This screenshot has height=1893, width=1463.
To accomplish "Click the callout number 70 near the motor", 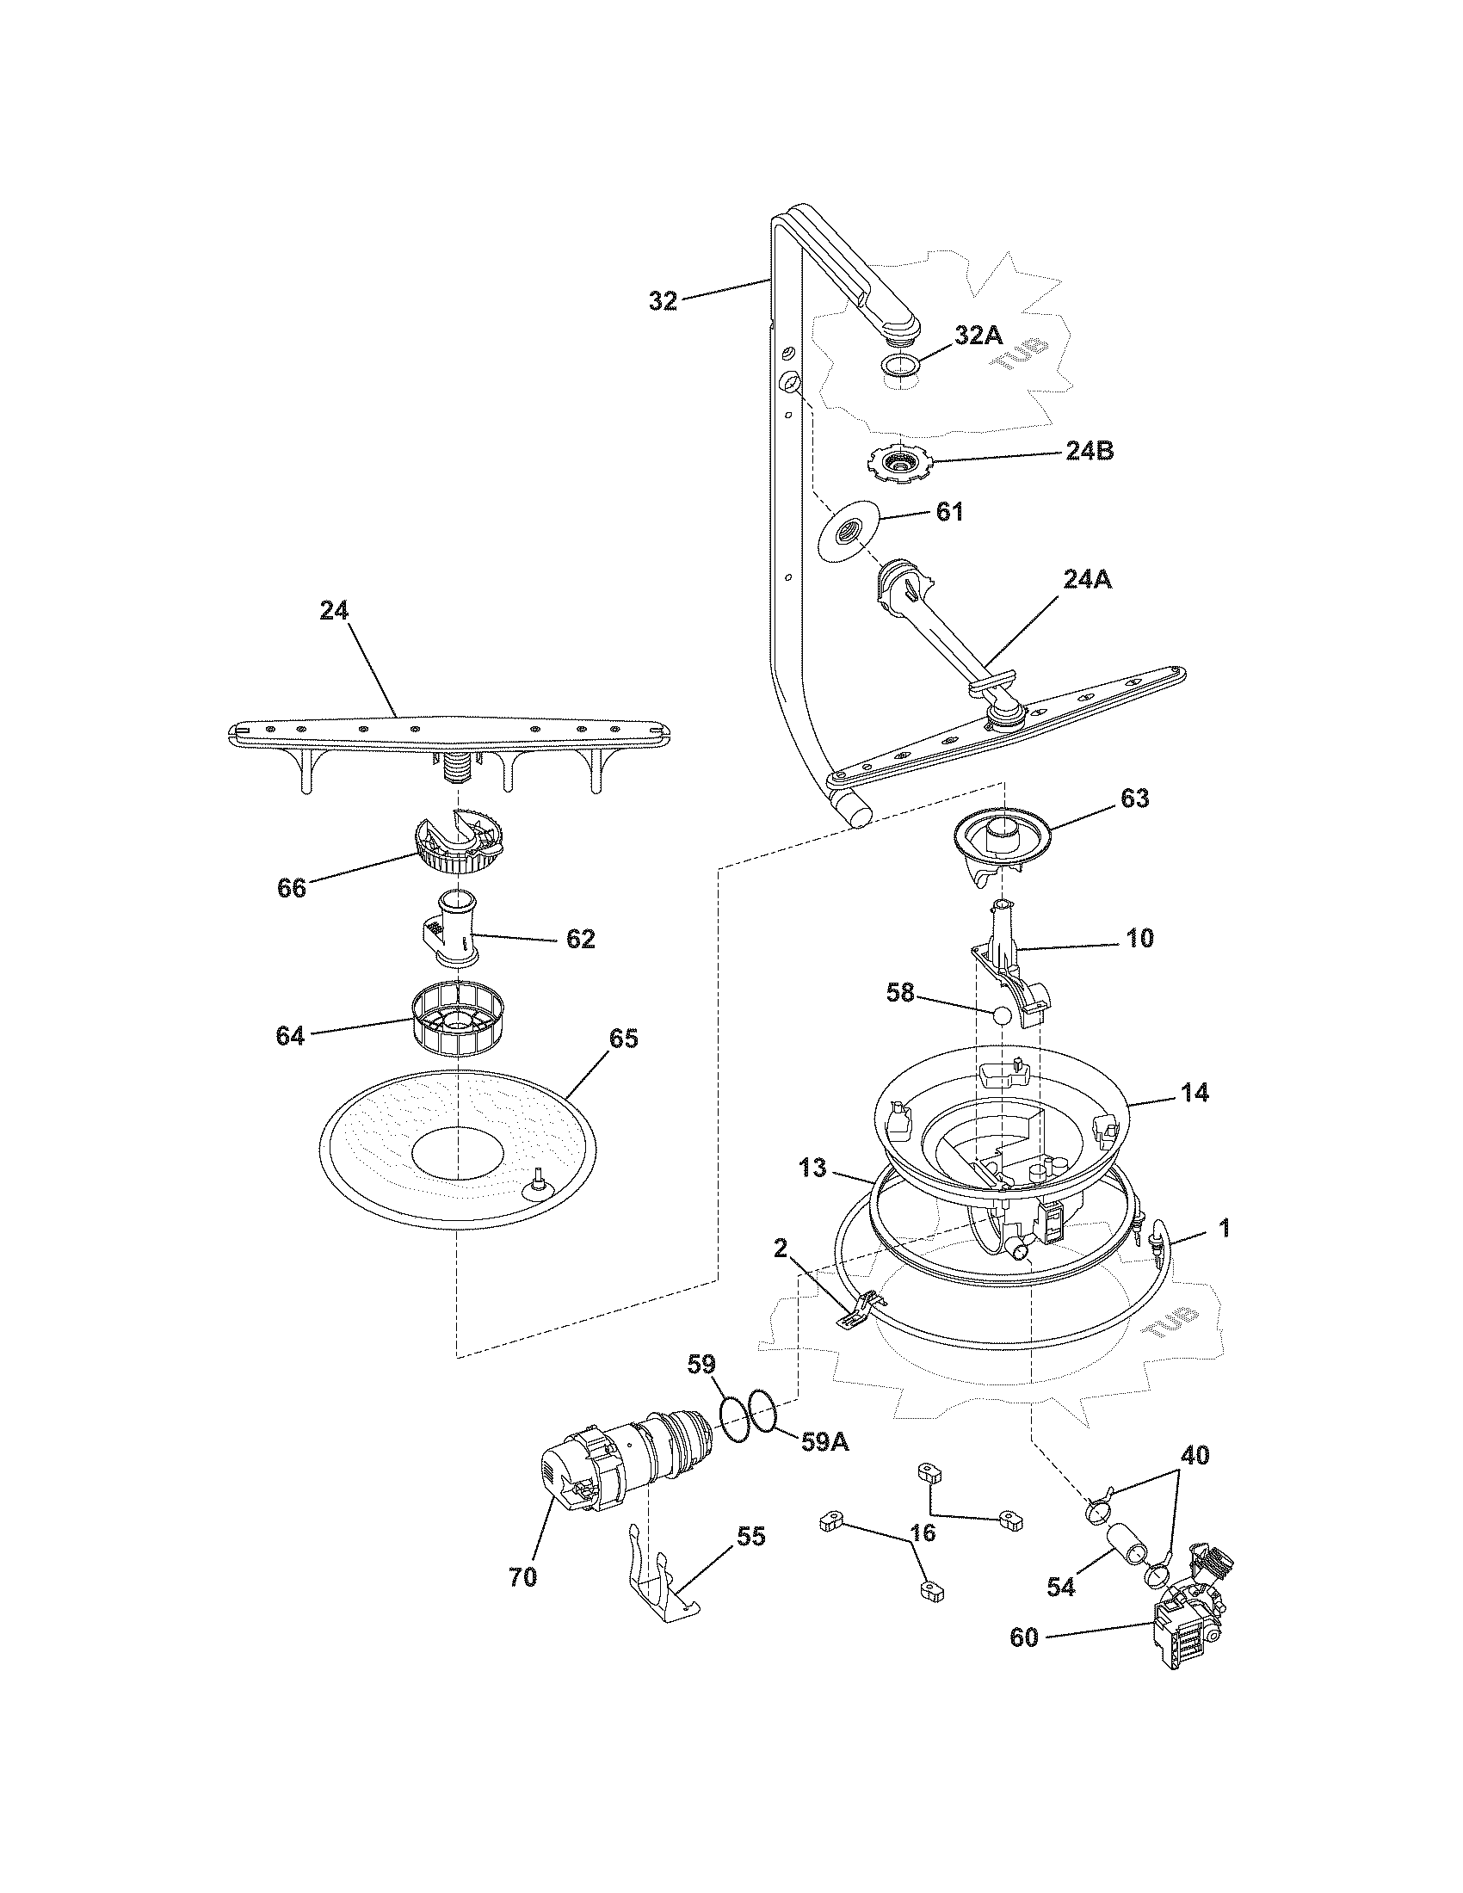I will (x=522, y=1577).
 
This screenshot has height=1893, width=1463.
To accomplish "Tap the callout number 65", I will (x=624, y=1039).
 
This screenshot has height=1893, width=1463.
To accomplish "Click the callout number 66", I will (x=291, y=889).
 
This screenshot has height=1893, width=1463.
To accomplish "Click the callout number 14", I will (x=1194, y=1093).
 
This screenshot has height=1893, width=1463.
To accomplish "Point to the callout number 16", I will (x=923, y=1533).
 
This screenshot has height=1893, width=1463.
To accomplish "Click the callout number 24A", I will (x=1087, y=580).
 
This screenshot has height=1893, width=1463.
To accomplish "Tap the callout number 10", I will (x=1139, y=939).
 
